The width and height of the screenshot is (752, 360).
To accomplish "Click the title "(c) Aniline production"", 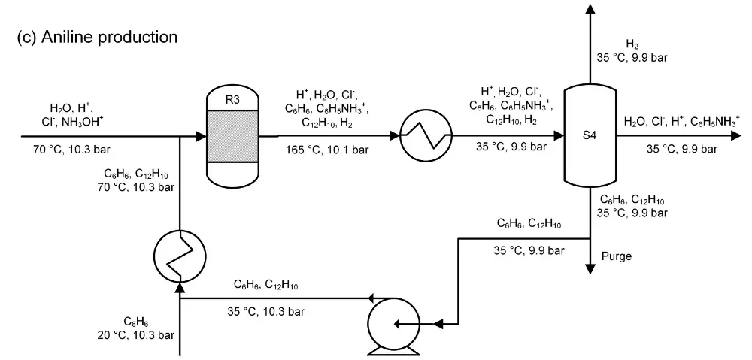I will tap(97, 36).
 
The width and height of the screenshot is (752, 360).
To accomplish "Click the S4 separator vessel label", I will tap(590, 136).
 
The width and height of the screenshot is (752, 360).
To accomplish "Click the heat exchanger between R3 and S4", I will tap(422, 136).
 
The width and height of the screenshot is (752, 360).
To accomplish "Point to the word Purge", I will tap(617, 256).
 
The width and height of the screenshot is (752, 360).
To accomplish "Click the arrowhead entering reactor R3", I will tap(200, 137).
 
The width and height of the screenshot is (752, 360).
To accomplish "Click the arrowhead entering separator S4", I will tap(559, 137).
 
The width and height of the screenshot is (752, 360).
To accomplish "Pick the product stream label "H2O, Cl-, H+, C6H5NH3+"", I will tap(681, 121).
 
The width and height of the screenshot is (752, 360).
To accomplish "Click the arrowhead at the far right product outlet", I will tap(732, 137).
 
